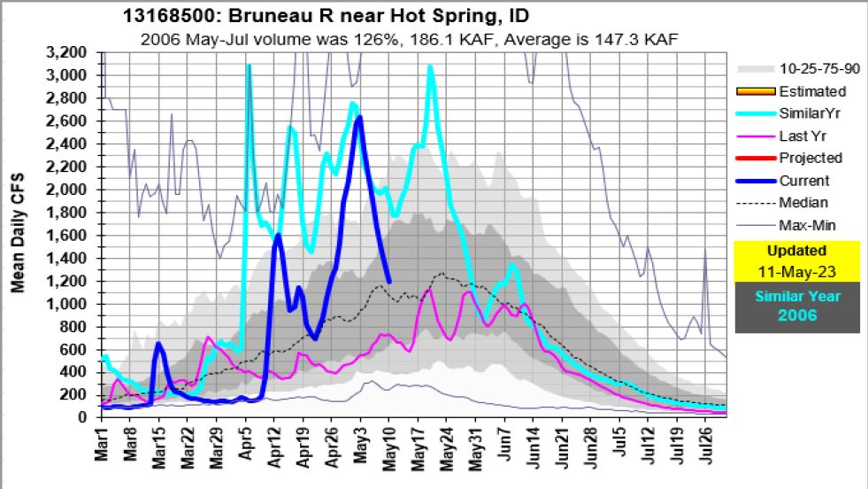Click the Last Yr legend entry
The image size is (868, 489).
pyautogui.click(x=803, y=136)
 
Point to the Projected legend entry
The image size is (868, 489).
pyautogui.click(x=810, y=158)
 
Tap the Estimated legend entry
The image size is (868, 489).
pyautogui.click(x=811, y=91)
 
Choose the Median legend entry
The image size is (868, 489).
pyautogui.click(x=803, y=202)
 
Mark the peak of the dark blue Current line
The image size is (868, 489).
pyautogui.click(x=359, y=117)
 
